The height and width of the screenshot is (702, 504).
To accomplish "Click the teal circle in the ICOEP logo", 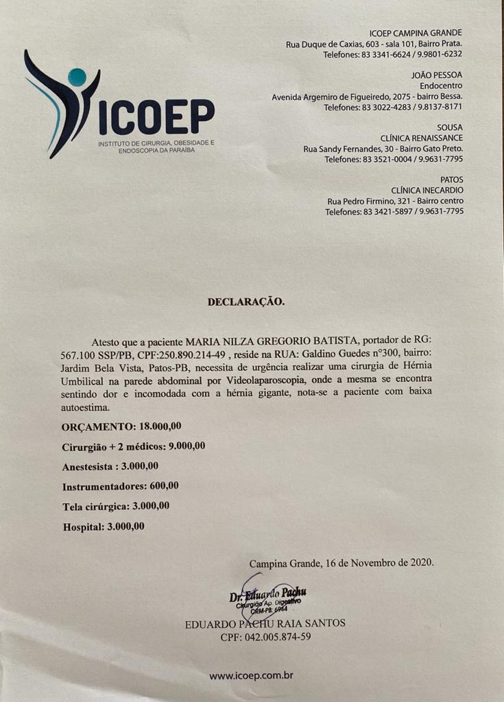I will click(x=77, y=77).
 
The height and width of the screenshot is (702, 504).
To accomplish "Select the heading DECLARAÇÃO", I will click(x=245, y=301).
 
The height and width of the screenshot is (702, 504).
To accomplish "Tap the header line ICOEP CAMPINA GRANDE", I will click(x=416, y=33).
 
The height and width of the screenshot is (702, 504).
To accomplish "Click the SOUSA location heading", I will click(x=450, y=128).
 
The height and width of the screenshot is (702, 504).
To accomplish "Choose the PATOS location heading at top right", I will click(x=451, y=180).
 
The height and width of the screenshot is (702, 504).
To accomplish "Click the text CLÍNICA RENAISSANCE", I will click(x=422, y=138).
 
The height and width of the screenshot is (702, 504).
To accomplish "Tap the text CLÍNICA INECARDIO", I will click(x=427, y=190).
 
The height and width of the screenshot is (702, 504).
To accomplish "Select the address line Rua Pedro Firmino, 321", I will click(x=395, y=201).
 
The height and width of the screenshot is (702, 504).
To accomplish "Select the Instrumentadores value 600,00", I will click(x=164, y=486).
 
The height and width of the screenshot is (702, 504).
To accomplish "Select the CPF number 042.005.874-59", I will click(x=265, y=636).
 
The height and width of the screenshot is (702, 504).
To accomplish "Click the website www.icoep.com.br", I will click(x=251, y=675).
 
